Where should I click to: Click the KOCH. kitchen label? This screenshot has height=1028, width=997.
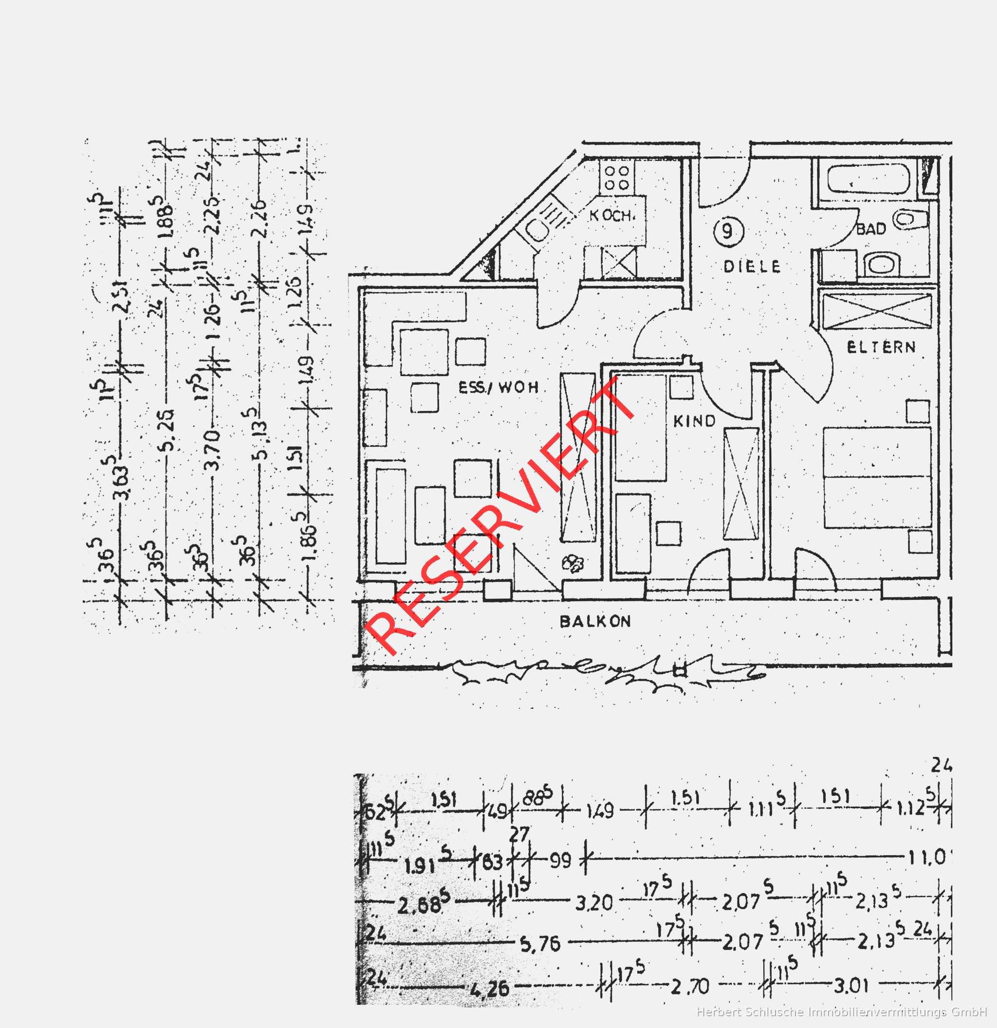(x=612, y=215)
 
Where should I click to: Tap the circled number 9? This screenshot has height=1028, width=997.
(x=728, y=231)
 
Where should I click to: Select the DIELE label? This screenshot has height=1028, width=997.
(x=752, y=267)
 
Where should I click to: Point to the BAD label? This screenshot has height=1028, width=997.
(x=871, y=229)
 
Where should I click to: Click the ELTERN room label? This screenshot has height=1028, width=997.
(x=881, y=347)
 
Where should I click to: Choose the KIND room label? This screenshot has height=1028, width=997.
(x=694, y=421)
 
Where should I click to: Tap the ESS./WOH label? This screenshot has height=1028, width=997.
(x=498, y=387)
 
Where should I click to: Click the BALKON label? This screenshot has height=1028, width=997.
(x=595, y=622)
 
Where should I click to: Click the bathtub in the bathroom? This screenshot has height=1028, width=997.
(x=868, y=180)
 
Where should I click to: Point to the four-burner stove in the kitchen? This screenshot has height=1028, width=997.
(x=617, y=177)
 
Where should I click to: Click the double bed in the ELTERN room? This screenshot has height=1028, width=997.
(x=877, y=477)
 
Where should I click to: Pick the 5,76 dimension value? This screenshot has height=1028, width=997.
(x=540, y=945)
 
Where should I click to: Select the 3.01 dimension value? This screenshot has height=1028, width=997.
(x=851, y=986)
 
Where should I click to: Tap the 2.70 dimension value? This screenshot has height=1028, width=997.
(x=690, y=987)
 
